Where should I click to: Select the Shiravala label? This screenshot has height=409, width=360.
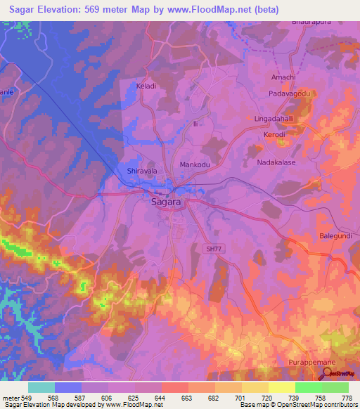141,171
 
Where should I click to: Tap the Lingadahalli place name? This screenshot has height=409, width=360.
277,119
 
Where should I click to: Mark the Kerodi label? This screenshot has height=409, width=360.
274,134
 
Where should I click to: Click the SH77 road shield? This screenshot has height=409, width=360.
213,249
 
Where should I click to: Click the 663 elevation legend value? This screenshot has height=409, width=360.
186,397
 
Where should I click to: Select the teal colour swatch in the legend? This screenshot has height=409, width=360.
41,387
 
